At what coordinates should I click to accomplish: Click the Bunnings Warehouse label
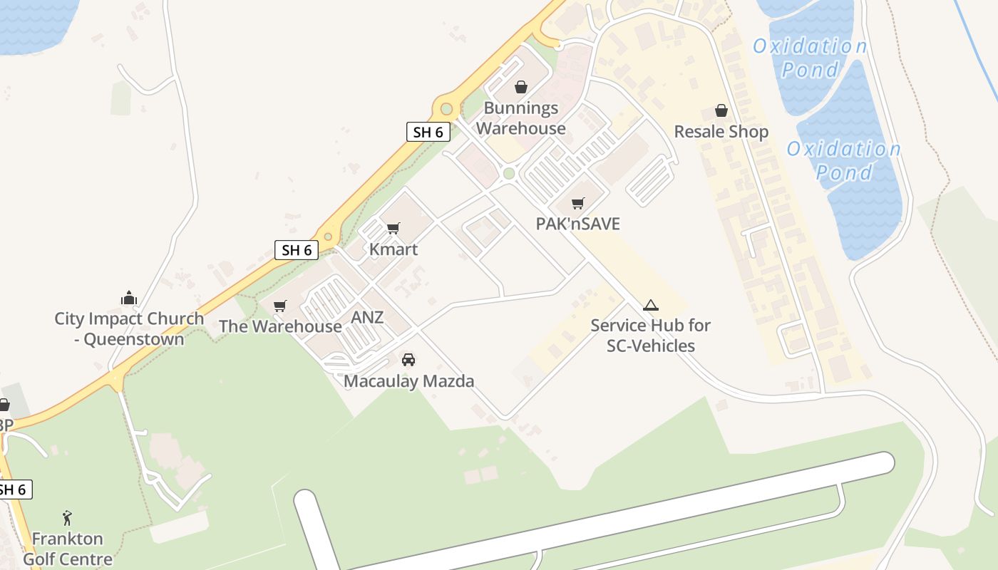(521, 118)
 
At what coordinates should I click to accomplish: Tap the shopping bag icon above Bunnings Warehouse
(521, 87)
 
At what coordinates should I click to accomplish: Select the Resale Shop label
(721, 132)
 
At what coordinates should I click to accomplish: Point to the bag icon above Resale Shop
(721, 110)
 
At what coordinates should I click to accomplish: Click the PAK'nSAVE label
(578, 224)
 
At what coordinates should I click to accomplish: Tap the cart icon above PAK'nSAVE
(578, 203)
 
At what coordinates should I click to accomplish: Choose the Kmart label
(393, 249)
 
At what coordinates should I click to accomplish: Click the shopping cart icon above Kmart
(393, 228)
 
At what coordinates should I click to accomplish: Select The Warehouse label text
(280, 326)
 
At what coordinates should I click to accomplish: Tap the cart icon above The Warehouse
(280, 306)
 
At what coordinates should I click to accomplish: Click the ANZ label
(367, 317)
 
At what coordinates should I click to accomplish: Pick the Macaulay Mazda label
(409, 381)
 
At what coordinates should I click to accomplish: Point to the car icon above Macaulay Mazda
(408, 360)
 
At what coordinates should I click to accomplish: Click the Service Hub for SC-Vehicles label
(650, 336)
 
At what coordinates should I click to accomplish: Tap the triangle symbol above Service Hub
(650, 306)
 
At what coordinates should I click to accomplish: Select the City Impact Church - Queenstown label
(129, 328)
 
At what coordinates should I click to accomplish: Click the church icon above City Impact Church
(129, 297)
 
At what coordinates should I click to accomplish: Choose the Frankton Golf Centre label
(68, 549)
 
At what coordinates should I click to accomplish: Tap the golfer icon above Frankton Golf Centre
(67, 518)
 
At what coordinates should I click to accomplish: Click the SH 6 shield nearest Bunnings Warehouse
(428, 132)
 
